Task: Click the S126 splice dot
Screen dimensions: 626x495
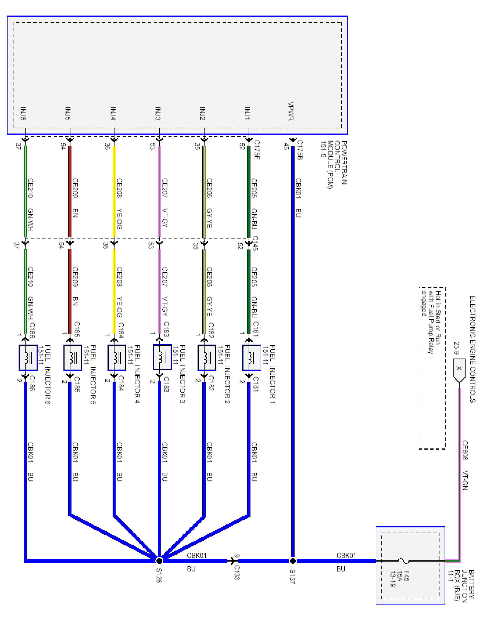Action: pyautogui.click(x=159, y=561)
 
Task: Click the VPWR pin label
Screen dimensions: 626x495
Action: pyautogui.click(x=291, y=111)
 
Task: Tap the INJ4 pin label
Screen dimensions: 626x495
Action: pyautogui.click(x=113, y=114)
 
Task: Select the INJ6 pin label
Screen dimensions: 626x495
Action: pyautogui.click(x=23, y=114)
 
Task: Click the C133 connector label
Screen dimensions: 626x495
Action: pyautogui.click(x=237, y=572)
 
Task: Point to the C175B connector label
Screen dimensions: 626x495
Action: pyautogui.click(x=300, y=150)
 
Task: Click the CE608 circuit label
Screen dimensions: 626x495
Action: pyautogui.click(x=465, y=450)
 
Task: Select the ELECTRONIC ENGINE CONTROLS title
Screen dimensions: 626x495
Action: pyautogui.click(x=472, y=349)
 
